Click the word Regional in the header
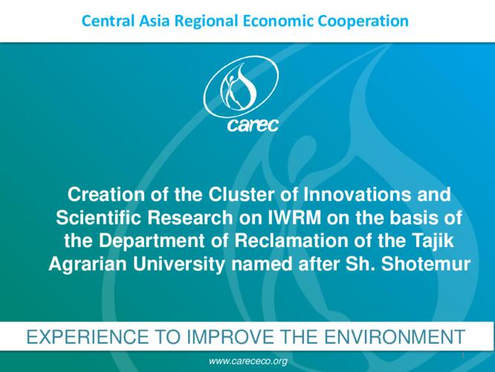point(206,22)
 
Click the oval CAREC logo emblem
point(242,87)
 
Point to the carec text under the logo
point(253,125)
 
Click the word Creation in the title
point(106,194)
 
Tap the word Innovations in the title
point(357,194)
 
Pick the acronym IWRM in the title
point(294,218)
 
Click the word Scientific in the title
point(98,218)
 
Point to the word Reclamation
point(291,241)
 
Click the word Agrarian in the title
point(88,265)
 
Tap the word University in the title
point(179,265)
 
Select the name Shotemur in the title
point(426,264)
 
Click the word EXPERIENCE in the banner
point(88,336)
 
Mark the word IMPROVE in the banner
point(230,336)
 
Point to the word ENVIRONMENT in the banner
point(395,336)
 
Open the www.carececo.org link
point(248,362)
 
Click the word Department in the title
point(152,242)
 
